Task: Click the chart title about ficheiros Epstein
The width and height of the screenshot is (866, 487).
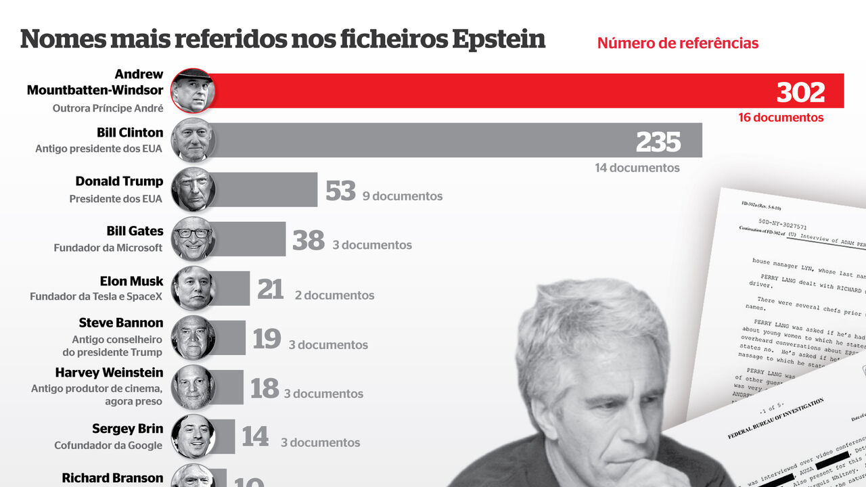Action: coord(283,39)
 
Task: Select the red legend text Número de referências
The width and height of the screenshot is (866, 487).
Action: coord(677,43)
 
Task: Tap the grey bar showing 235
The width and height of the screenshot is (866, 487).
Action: coord(433,140)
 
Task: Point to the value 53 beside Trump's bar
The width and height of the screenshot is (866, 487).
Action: coord(340,191)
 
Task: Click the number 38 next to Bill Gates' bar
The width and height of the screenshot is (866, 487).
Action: coord(309,240)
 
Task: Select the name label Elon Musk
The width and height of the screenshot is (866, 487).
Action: coord(131,281)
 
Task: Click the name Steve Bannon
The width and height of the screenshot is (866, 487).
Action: coord(121,323)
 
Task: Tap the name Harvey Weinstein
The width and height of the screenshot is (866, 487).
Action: coord(109,373)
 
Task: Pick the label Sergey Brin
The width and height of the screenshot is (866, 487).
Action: coord(127,429)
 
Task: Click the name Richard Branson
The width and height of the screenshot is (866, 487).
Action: coord(112,478)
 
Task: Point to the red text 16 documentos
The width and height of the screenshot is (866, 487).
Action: coord(781,118)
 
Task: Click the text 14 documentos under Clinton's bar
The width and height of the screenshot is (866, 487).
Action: coord(637,168)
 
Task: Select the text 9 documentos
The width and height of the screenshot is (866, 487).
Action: coord(403,196)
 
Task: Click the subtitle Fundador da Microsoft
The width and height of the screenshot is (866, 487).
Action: coord(108,248)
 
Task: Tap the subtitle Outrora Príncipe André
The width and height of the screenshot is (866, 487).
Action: coord(108,108)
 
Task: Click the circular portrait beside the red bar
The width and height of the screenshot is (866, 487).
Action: coord(193,91)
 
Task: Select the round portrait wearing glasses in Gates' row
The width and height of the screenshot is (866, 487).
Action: coord(193,239)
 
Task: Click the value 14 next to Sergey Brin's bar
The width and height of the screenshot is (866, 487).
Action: coord(255,437)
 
